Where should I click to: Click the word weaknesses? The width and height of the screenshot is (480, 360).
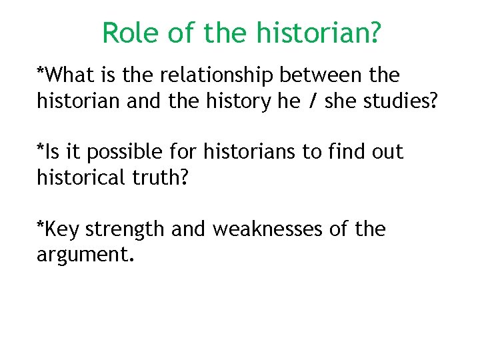coord(269,230)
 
